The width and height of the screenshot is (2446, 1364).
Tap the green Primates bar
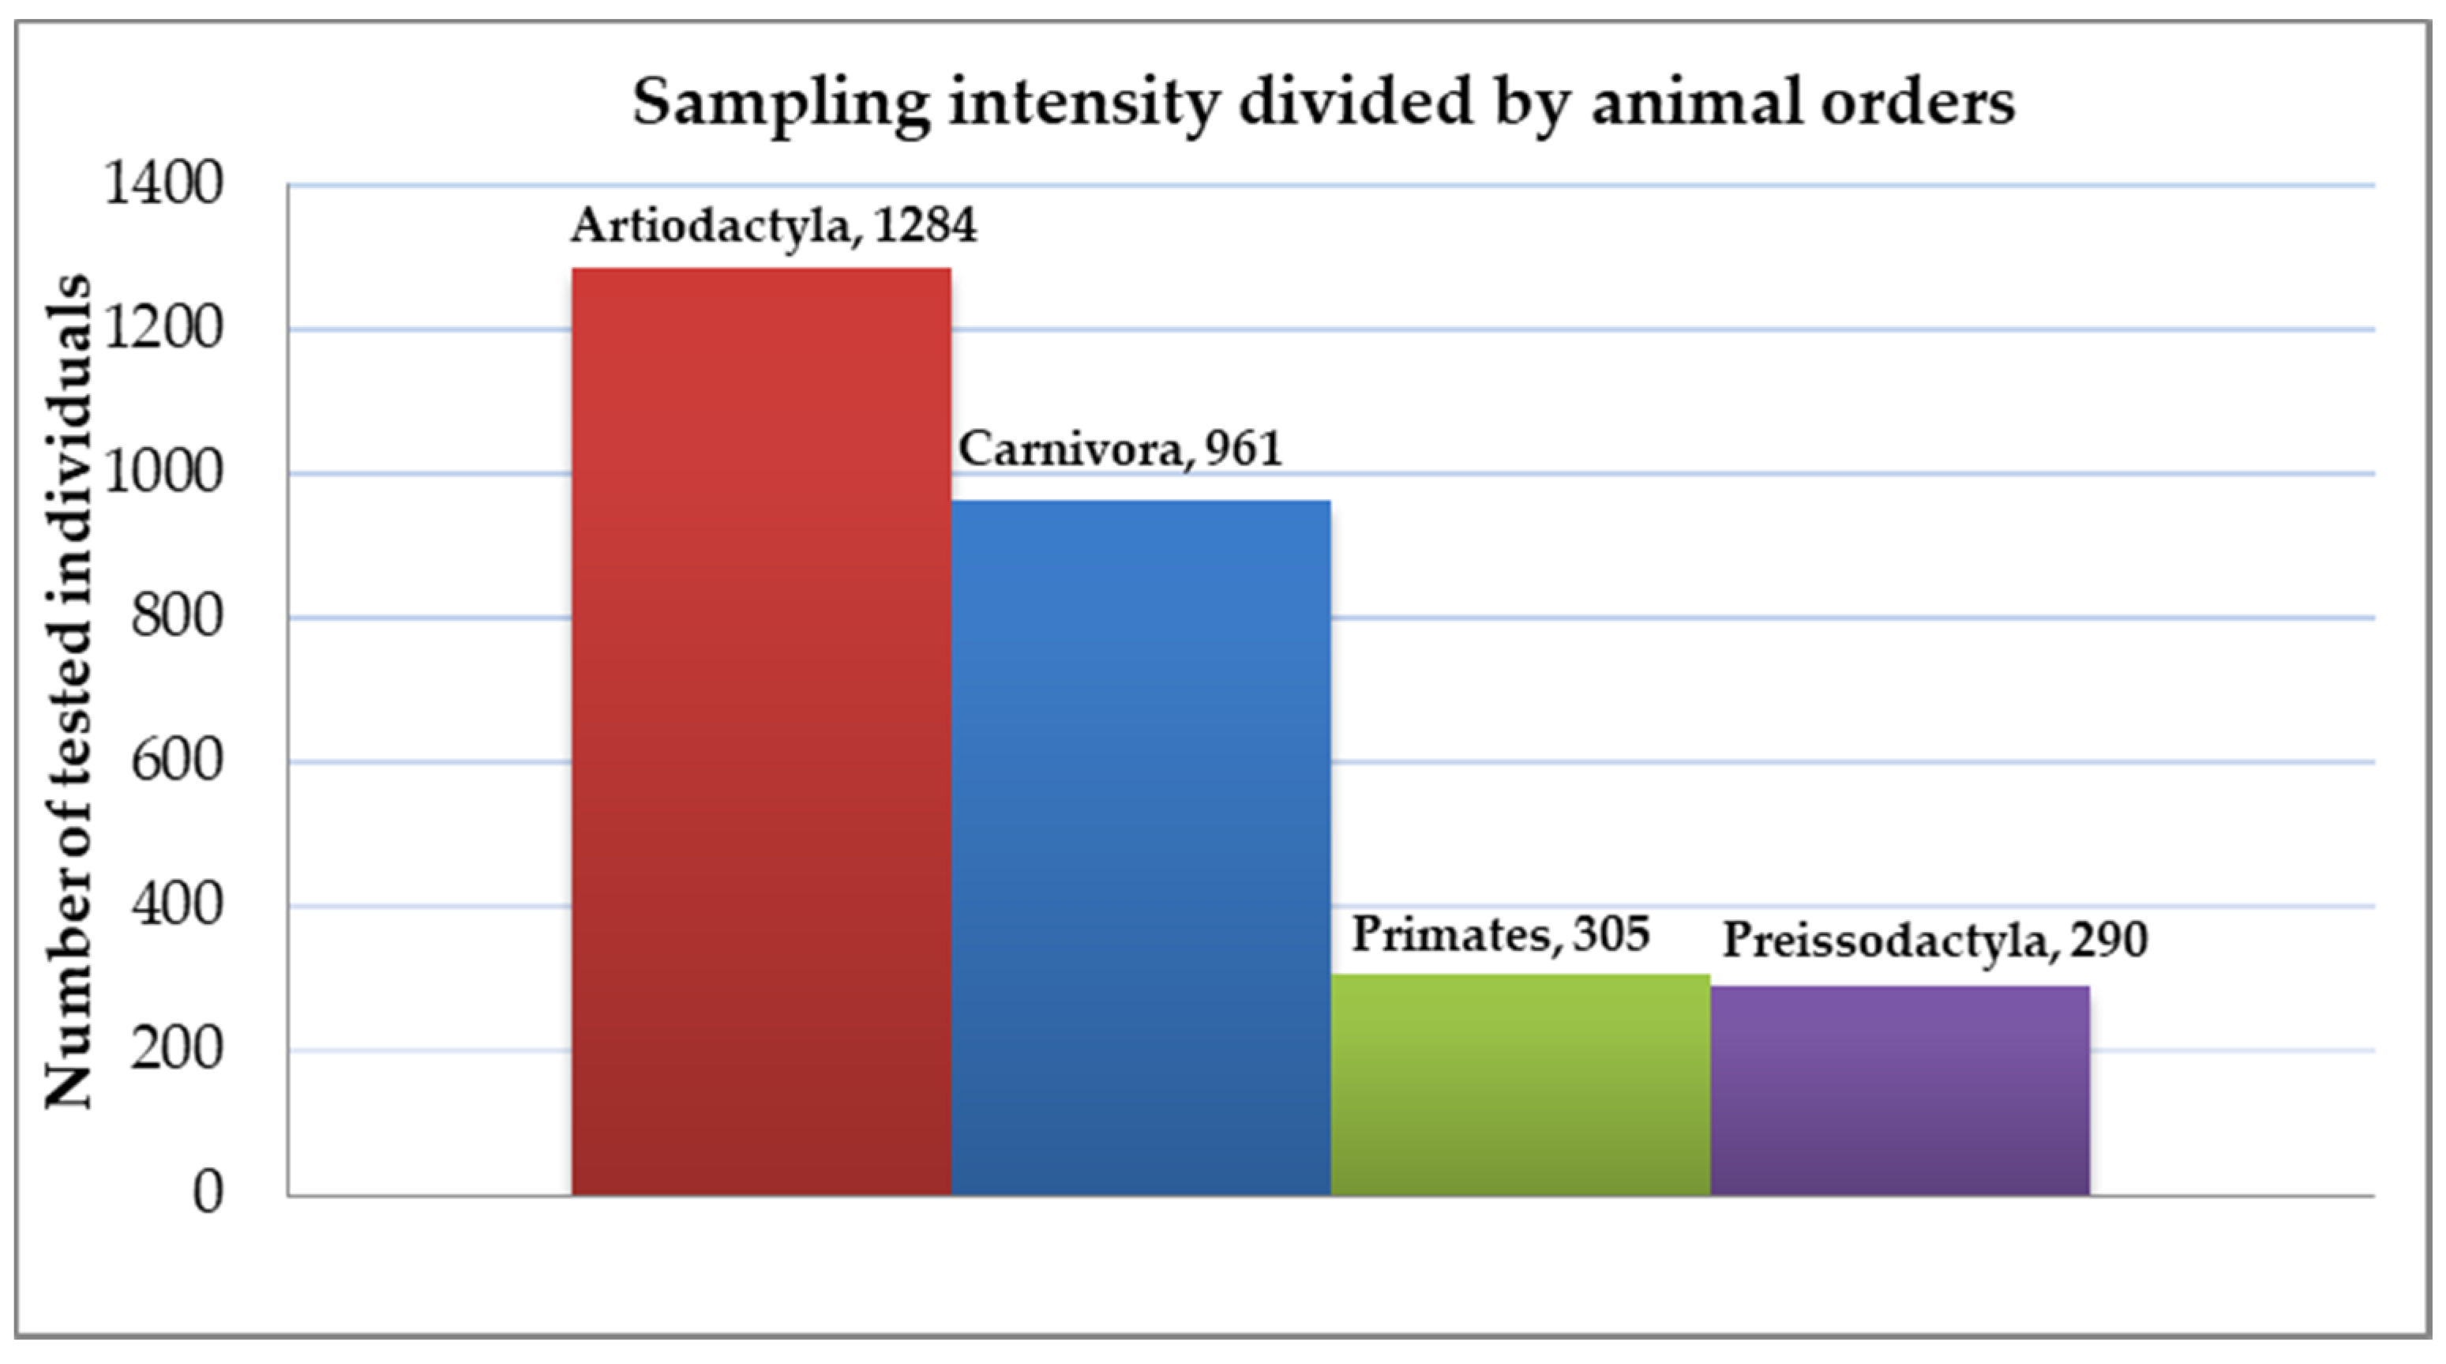click(1520, 1084)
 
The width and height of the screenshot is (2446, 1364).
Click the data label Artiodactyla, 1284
click(773, 226)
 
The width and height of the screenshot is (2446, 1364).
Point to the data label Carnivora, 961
click(1120, 449)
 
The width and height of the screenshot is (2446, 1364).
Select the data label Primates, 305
click(1501, 934)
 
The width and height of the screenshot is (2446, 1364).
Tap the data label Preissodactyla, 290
click(1935, 941)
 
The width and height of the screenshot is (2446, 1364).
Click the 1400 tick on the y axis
click(163, 184)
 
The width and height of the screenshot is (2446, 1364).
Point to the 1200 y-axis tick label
click(163, 329)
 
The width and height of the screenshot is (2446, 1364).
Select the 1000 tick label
click(163, 473)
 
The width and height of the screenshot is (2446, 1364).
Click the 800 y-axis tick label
click(177, 618)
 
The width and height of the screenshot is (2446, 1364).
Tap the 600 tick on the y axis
click(177, 762)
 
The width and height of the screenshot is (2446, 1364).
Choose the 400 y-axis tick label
click(177, 906)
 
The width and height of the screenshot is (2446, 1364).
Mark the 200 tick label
click(177, 1050)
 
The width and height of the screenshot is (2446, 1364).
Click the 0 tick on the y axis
click(208, 1193)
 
